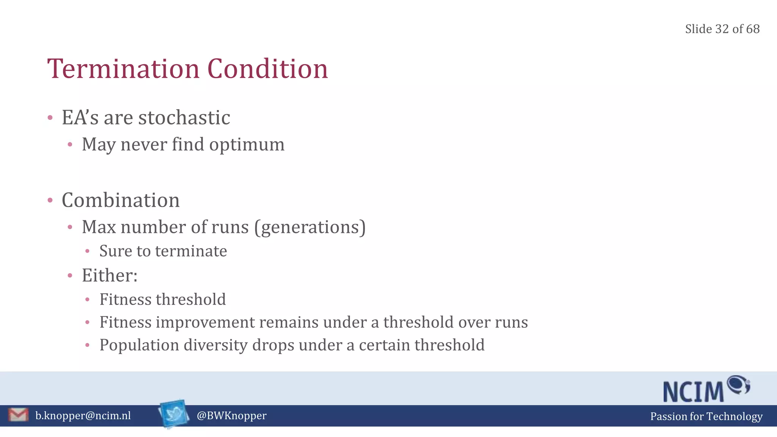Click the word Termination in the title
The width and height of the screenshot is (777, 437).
[123, 69]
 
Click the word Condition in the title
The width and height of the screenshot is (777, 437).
[267, 69]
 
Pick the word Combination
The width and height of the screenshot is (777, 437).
[121, 200]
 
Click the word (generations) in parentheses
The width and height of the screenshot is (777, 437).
[310, 227]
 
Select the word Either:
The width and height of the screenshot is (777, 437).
[110, 275]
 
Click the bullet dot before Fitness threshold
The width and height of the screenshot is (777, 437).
[87, 300]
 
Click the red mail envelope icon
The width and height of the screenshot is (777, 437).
[18, 415]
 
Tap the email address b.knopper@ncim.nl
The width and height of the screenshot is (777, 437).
[83, 416]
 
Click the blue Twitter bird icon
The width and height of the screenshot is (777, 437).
[174, 413]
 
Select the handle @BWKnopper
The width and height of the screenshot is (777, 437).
[231, 416]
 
